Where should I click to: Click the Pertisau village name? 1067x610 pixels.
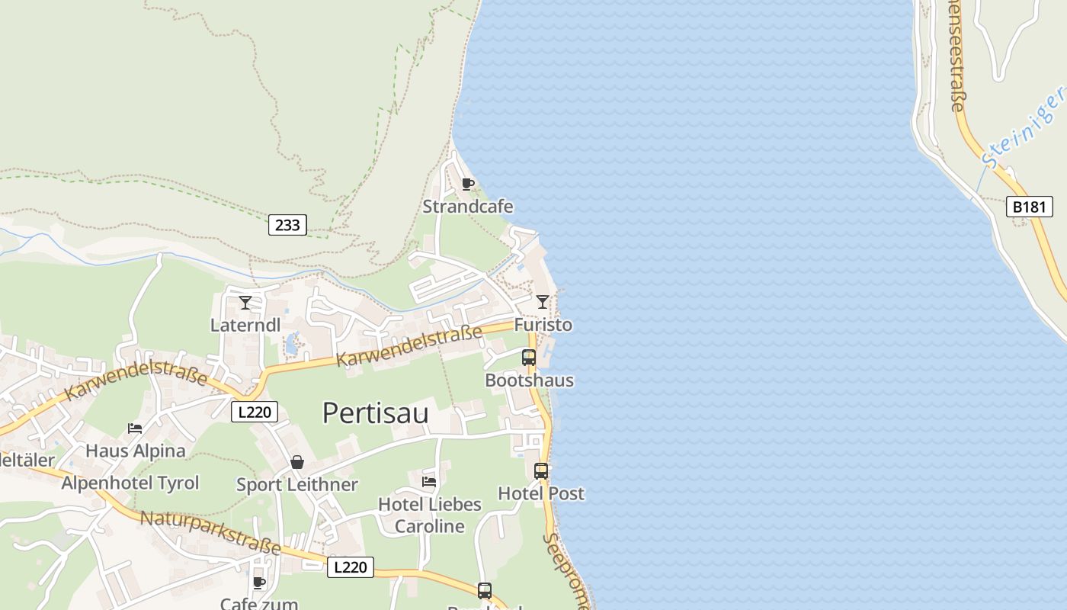pyautogui.click(x=375, y=413)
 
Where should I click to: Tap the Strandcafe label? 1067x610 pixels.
pyautogui.click(x=468, y=207)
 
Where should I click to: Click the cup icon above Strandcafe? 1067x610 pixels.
pyautogui.click(x=468, y=184)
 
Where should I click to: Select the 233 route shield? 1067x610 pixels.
pyautogui.click(x=287, y=224)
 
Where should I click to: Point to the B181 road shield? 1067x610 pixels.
pyautogui.click(x=1029, y=207)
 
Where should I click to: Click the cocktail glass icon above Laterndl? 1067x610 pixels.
pyautogui.click(x=245, y=303)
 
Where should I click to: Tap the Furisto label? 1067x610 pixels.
pyautogui.click(x=543, y=325)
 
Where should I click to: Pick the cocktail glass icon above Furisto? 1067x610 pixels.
pyautogui.click(x=542, y=302)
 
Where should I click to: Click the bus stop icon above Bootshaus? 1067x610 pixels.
pyautogui.click(x=528, y=357)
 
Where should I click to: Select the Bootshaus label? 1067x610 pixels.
pyautogui.click(x=529, y=380)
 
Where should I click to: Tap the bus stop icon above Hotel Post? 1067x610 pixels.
pyautogui.click(x=540, y=471)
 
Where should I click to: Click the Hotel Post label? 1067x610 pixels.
pyautogui.click(x=541, y=493)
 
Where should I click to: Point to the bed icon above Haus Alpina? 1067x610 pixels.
pyautogui.click(x=135, y=428)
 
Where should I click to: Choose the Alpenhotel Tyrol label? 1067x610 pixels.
pyautogui.click(x=130, y=483)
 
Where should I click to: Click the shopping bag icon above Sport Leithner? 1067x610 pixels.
pyautogui.click(x=297, y=462)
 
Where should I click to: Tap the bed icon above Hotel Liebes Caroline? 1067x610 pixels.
pyautogui.click(x=429, y=481)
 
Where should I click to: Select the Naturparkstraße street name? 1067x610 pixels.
pyautogui.click(x=210, y=532)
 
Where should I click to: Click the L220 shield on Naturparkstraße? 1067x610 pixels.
pyautogui.click(x=351, y=567)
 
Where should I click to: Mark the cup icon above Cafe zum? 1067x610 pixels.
pyautogui.click(x=259, y=583)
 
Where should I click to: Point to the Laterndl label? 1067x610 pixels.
pyautogui.click(x=245, y=325)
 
